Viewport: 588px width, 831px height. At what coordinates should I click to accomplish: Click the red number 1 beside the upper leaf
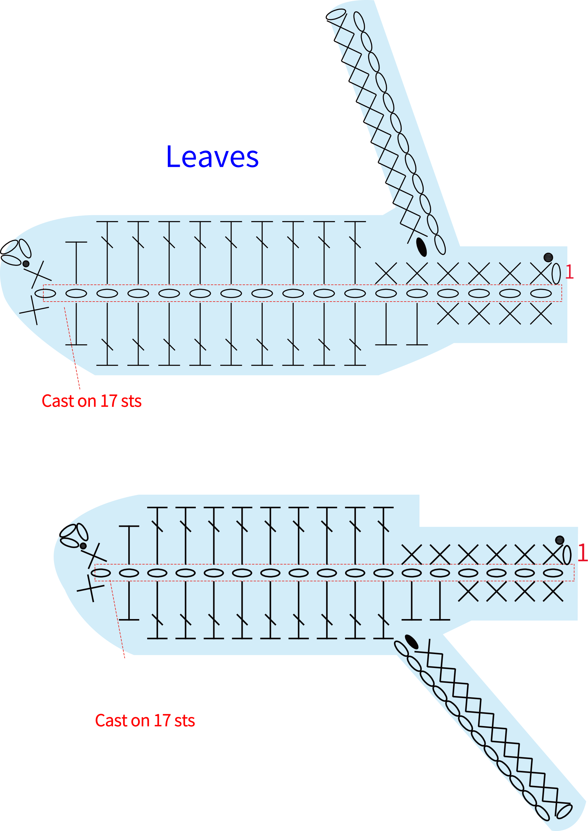point(569,272)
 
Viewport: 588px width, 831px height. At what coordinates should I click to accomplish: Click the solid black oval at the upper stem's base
point(421,247)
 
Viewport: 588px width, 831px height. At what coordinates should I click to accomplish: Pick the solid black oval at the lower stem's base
point(412,642)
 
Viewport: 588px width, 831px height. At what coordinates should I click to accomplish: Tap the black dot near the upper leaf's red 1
point(548,257)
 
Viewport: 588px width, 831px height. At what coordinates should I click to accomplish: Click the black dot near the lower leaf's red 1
point(560,540)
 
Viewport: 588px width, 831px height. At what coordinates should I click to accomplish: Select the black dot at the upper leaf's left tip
point(26,264)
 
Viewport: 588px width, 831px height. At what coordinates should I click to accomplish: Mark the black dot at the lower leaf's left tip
point(83,546)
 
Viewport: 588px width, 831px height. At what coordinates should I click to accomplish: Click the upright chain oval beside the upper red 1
point(556,274)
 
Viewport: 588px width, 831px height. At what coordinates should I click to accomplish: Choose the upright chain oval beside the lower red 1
point(567,555)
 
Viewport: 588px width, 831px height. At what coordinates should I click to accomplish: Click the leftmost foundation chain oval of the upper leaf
point(45,293)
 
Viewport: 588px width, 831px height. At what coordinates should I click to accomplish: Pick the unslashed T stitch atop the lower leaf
point(129,545)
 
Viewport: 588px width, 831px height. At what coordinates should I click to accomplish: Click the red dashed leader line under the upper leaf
point(72,348)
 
